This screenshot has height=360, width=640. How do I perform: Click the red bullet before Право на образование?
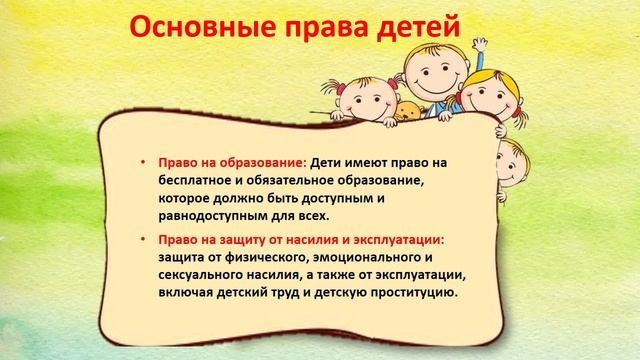tap(143, 162)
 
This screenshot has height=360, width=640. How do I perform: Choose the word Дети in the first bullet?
tap(328, 162)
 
